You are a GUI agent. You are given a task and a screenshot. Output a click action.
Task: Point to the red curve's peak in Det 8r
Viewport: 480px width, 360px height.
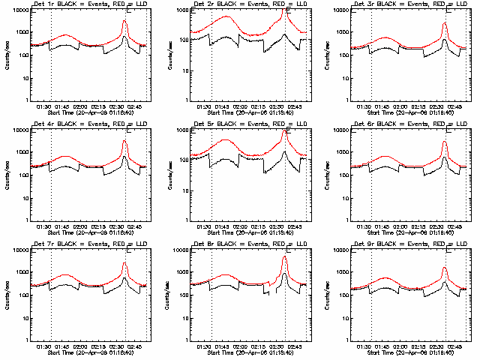(284, 257)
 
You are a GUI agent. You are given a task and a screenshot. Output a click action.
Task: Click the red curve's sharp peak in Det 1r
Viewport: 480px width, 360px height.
(124, 20)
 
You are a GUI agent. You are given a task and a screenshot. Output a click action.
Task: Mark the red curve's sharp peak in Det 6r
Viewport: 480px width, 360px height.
(445, 141)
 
